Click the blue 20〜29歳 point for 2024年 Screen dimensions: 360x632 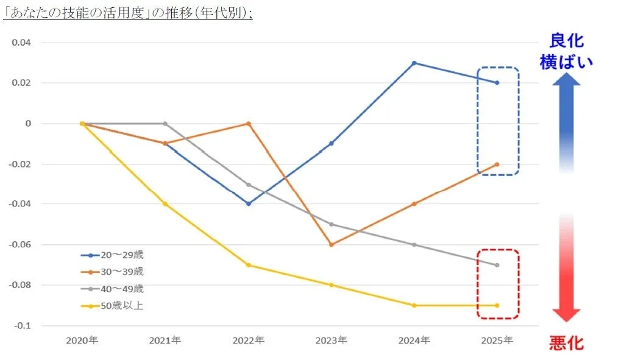pos(414,63)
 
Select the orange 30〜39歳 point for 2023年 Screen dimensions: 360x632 pos(332,244)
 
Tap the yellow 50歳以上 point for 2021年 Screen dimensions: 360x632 pos(165,204)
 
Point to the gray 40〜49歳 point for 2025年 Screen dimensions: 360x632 pos(497,265)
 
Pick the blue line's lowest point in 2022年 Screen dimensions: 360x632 pos(249,203)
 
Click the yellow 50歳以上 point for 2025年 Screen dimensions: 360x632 pos(497,305)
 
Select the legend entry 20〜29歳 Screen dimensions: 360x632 pos(113,255)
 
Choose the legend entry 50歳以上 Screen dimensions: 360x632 pos(113,306)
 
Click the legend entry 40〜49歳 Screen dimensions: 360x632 pos(113,289)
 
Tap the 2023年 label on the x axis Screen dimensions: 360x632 pos(331,341)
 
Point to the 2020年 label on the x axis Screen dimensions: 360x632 pos(82,341)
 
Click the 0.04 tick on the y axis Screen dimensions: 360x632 pos(22,43)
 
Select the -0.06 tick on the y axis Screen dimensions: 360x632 pos(21,244)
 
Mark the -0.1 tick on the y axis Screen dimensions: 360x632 pos(23,325)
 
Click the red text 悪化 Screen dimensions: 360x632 pos(566,342)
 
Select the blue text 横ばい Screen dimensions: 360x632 pos(566,62)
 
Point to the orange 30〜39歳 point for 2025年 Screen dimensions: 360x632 pos(497,164)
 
